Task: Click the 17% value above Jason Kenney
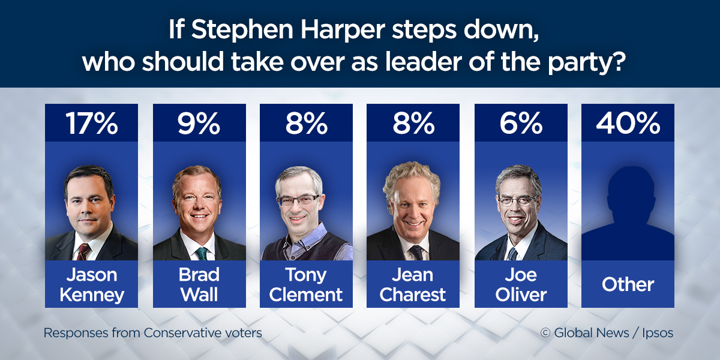92,123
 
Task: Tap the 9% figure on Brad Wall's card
199,123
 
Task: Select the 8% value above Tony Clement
306,123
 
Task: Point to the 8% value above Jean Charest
413,123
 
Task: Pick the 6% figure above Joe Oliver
520,123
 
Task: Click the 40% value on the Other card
628,123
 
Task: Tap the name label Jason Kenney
92,284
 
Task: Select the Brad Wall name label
199,284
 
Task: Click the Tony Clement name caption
306,284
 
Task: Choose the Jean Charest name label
413,284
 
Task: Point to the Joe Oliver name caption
520,284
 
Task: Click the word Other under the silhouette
628,284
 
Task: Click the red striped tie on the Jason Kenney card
83,251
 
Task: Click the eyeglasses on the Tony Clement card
298,200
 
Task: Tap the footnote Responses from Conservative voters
152,332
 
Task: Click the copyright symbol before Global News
545,333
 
